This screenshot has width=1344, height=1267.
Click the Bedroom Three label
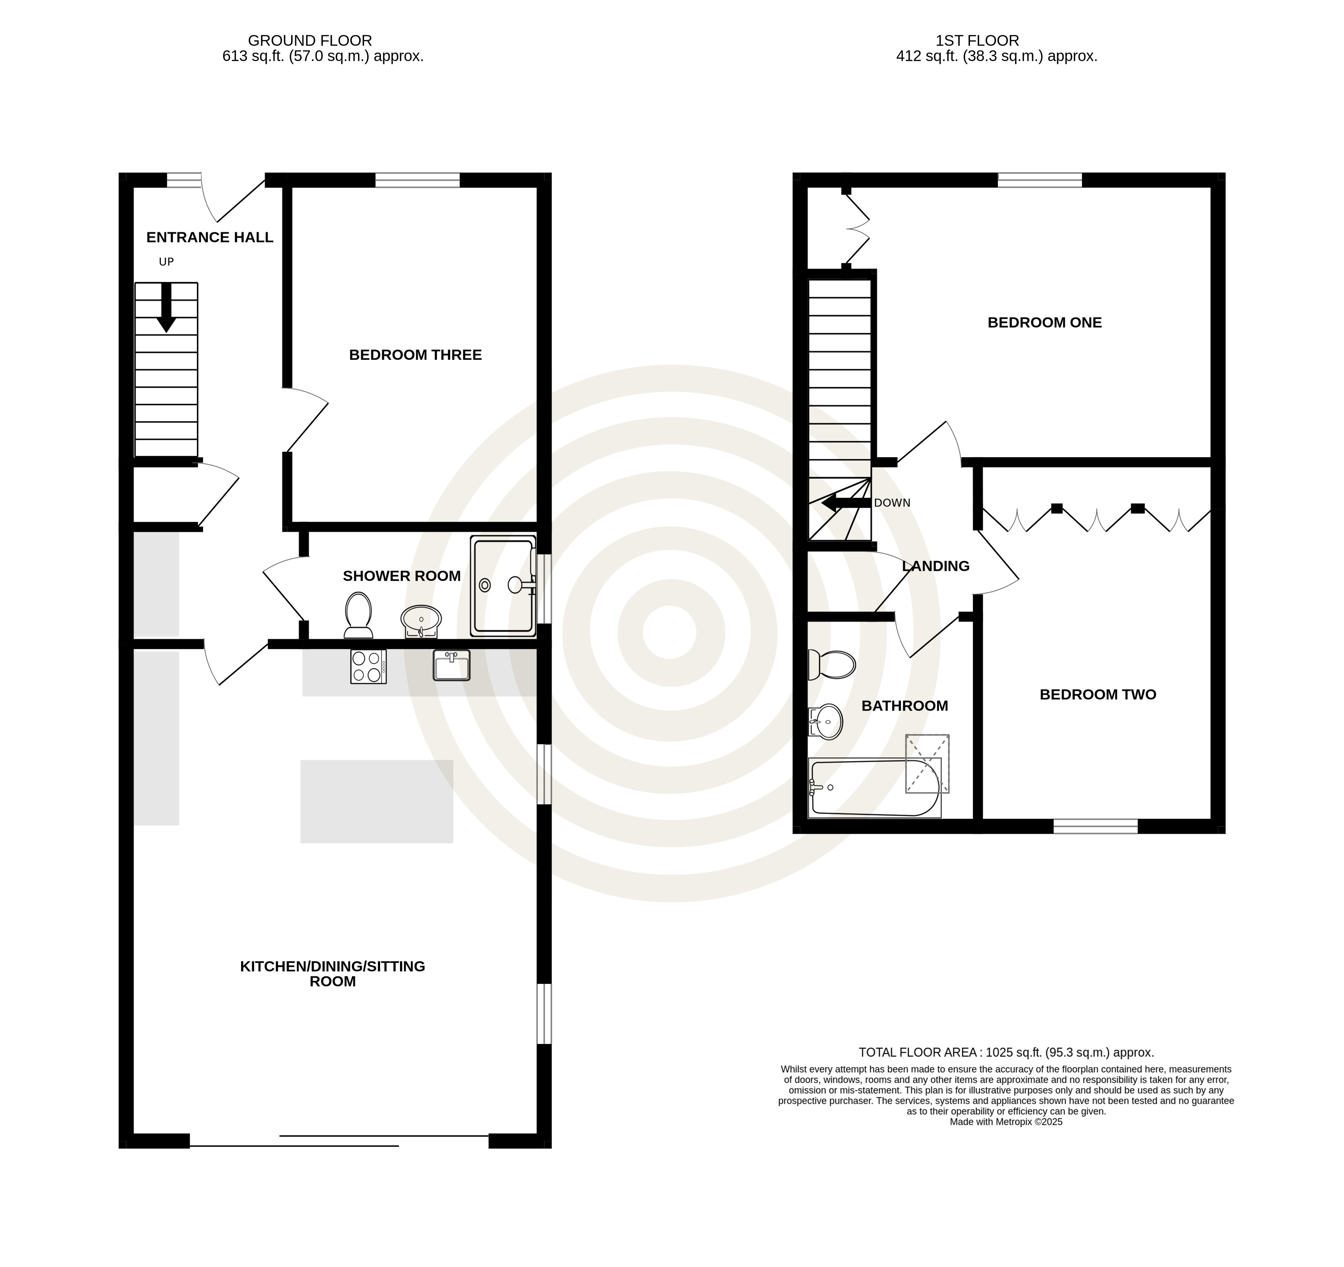pos(415,355)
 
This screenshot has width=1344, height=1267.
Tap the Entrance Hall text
pos(210,237)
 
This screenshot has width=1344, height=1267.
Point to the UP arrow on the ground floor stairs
pos(166,307)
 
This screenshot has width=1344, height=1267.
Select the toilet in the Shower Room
pos(358,615)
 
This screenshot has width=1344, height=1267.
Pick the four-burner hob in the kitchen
pos(368,667)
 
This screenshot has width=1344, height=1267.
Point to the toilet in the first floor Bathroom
pos(832,665)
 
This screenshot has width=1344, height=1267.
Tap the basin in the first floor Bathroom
pos(826,722)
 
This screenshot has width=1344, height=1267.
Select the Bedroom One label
pos(1044,322)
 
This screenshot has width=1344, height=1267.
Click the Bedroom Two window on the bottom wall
pos(1095,825)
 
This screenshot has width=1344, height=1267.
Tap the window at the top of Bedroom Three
pos(417,180)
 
